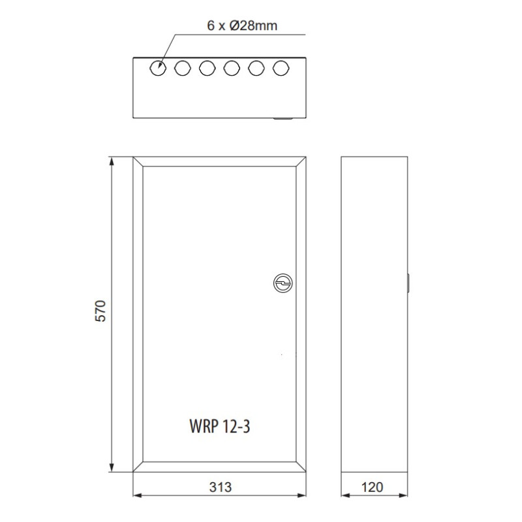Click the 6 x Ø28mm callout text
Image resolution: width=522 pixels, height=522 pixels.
click(242, 25)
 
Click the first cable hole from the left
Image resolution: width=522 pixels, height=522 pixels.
click(158, 69)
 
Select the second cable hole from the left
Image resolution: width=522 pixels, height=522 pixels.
click(183, 69)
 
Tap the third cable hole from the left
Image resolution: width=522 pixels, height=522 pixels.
click(207, 69)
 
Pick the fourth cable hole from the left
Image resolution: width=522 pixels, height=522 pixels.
click(232, 69)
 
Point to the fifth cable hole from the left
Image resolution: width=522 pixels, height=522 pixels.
click(256, 69)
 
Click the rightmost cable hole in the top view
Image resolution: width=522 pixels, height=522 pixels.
click(281, 69)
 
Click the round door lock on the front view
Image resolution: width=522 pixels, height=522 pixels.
click(283, 283)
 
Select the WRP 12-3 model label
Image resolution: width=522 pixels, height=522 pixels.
click(220, 426)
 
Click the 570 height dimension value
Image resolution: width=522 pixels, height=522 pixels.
click(100, 311)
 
